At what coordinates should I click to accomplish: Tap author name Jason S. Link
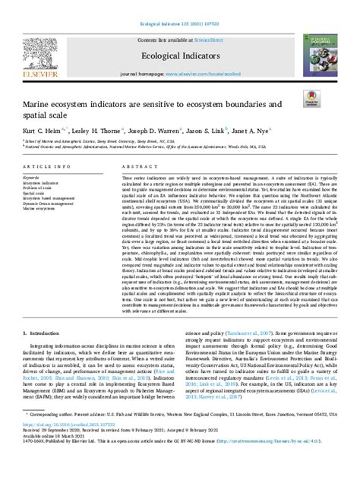point(229,131)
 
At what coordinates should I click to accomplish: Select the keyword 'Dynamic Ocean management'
point(48,203)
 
